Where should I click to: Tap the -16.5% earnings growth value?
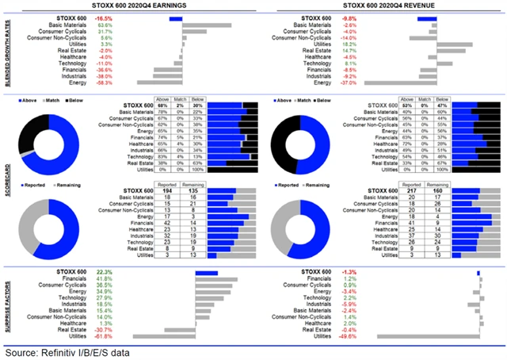pyautogui.click(x=103, y=17)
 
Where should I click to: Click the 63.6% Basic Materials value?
pyautogui.click(x=105, y=25)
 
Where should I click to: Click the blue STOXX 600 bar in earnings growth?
pyautogui.click(x=175, y=17)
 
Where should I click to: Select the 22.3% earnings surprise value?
pyautogui.click(x=105, y=272)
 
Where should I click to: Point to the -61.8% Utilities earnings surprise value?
pyautogui.click(x=103, y=336)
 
